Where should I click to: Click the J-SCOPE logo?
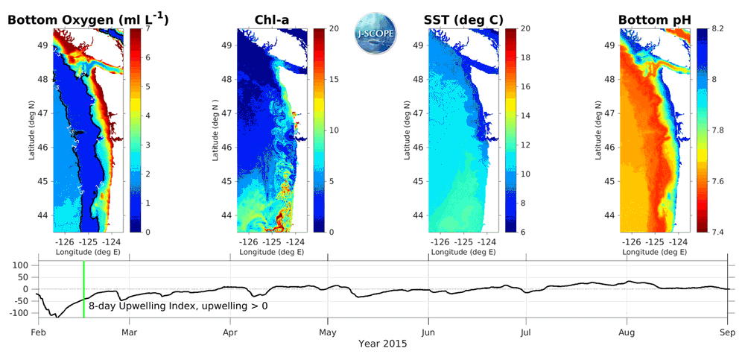tap(376, 31)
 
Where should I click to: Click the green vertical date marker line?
tap(83, 290)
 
